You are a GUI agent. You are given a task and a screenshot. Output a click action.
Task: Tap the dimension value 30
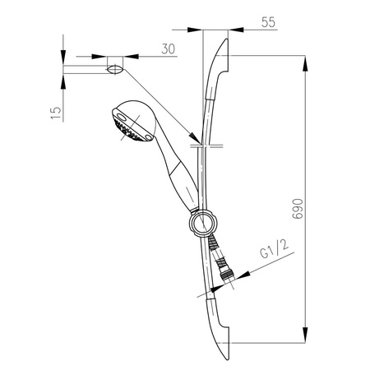(169, 50)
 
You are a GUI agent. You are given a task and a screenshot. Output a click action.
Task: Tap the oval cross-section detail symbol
(115, 65)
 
